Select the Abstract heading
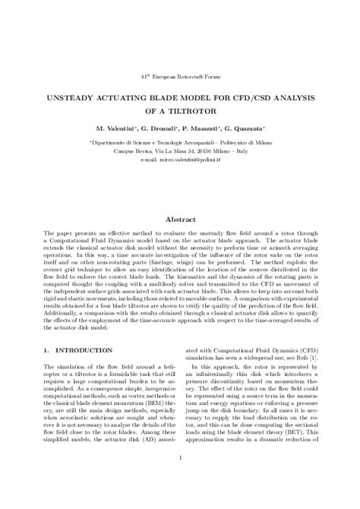click(180, 219)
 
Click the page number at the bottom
click(180, 478)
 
